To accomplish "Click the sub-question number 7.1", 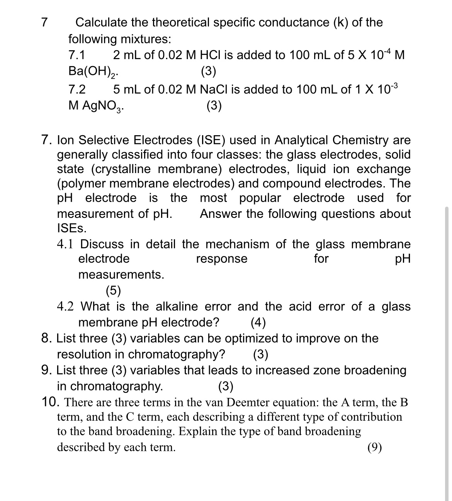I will pyautogui.click(x=76, y=55).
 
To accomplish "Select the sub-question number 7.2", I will pyautogui.click(x=77, y=90).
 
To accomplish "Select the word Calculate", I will pyautogui.click(x=101, y=22).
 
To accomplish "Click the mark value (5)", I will pyautogui.click(x=113, y=290).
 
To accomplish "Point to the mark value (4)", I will pyautogui.click(x=258, y=322).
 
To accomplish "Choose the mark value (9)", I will pyautogui.click(x=375, y=447).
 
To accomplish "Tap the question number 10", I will pyautogui.click(x=50, y=402).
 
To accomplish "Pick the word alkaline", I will pyautogui.click(x=177, y=307).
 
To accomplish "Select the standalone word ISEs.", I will pyautogui.click(x=72, y=228).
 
